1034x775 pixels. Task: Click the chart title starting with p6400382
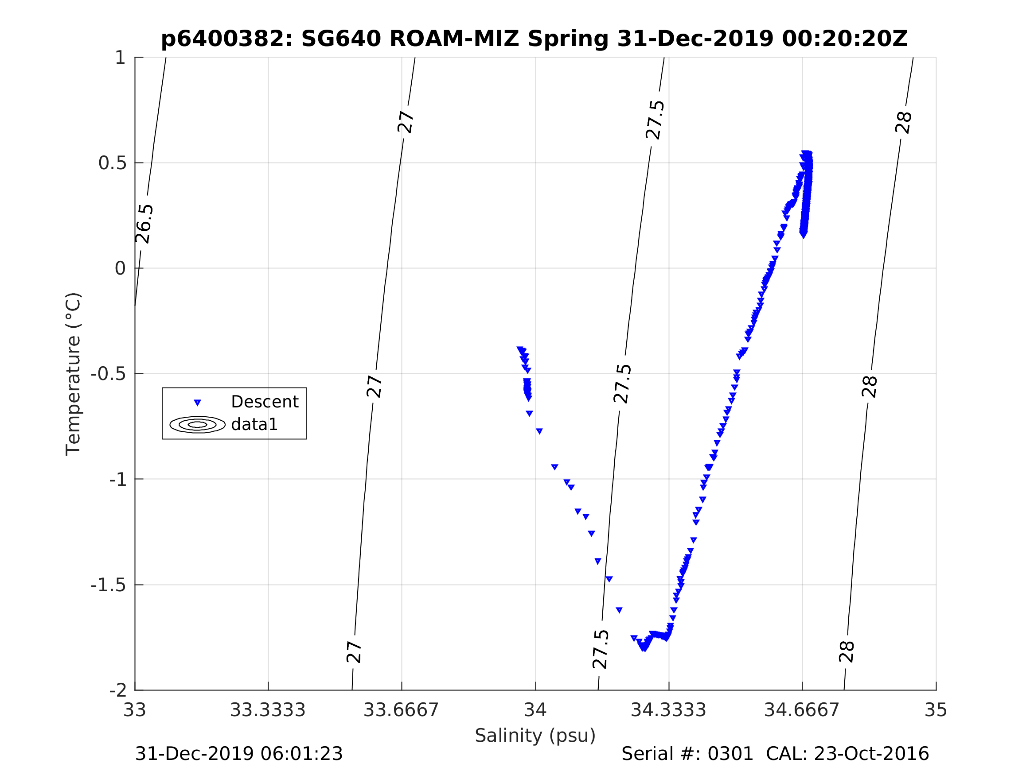(x=535, y=39)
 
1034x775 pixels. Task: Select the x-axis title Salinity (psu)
(x=535, y=735)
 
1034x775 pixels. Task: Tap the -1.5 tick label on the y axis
(x=108, y=585)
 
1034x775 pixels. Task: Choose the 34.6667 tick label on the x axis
(x=802, y=710)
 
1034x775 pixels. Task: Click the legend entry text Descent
(x=265, y=402)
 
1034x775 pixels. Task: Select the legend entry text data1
(x=254, y=424)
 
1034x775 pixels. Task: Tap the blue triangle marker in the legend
(x=197, y=402)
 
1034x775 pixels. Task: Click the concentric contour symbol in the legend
(x=197, y=424)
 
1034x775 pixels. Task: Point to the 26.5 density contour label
(x=144, y=224)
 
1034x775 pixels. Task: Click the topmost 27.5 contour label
(x=655, y=120)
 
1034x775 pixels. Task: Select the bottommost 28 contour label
(x=847, y=652)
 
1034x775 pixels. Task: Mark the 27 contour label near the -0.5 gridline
(x=375, y=386)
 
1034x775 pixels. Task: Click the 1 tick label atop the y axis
(x=120, y=58)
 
